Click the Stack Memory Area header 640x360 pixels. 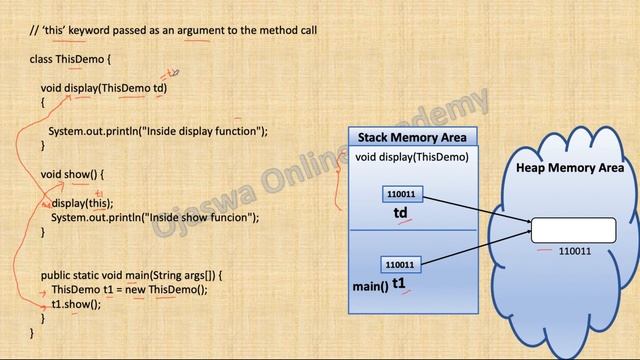pos(412,136)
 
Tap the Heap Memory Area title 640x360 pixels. pos(569,167)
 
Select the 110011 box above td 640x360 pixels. pos(400,194)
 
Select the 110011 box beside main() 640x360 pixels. pos(400,265)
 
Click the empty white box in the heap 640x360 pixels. pos(567,230)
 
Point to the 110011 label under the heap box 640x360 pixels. pos(574,252)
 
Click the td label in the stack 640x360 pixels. pos(400,212)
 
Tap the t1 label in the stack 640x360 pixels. pos(399,284)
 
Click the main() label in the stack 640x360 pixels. pos(369,287)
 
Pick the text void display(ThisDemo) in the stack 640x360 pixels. pos(411,156)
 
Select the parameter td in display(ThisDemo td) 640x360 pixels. pos(159,88)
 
